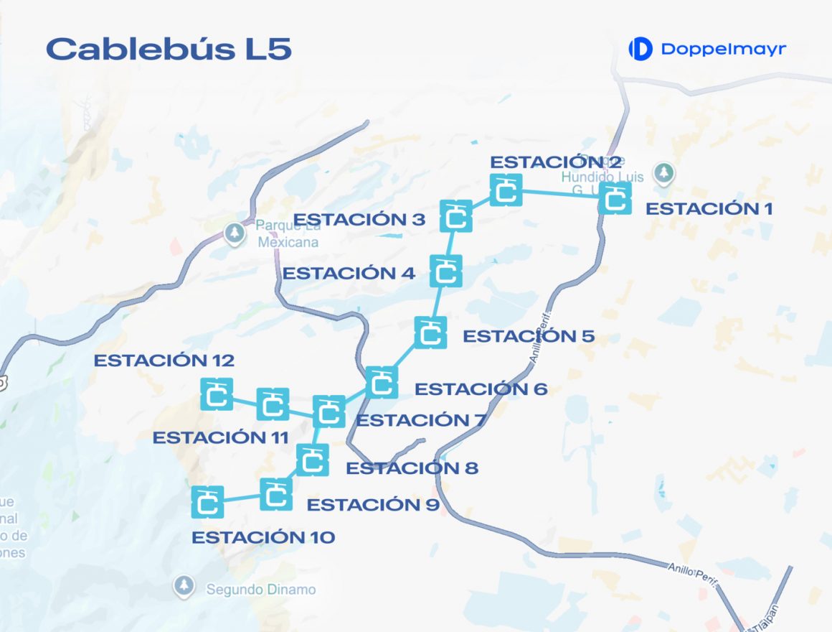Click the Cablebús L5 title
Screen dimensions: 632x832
pos(169,49)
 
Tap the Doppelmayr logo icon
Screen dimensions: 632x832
pos(640,49)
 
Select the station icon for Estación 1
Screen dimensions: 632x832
pos(615,198)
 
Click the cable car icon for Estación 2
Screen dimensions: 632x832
pos(506,190)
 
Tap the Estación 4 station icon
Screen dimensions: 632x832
pos(446,271)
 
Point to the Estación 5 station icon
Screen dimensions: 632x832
pos(430,333)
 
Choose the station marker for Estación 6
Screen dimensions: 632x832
pos(382,382)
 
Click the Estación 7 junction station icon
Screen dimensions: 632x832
pos(329,412)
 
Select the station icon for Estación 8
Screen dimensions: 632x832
pos(313,460)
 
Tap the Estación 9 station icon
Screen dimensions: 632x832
pos(276,494)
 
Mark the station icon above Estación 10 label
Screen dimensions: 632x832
pos(208,502)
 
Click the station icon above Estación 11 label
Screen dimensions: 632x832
pos(273,404)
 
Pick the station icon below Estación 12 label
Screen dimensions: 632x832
pos(217,394)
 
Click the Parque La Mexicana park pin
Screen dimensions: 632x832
pos(234,233)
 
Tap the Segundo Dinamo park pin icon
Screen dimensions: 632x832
pos(184,585)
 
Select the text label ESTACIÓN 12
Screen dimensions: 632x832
pos(164,361)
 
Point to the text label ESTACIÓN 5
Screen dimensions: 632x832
pos(529,336)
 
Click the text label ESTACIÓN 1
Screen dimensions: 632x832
pos(709,209)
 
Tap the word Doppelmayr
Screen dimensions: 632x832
pos(723,49)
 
